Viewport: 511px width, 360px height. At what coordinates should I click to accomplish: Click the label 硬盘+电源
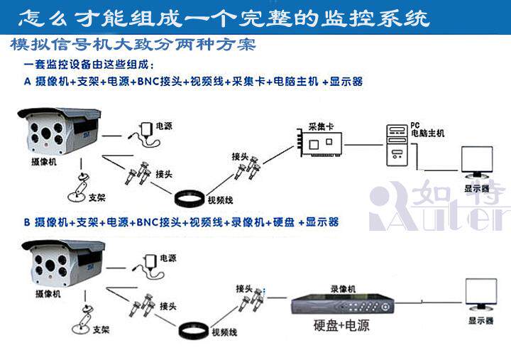click(342, 327)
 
